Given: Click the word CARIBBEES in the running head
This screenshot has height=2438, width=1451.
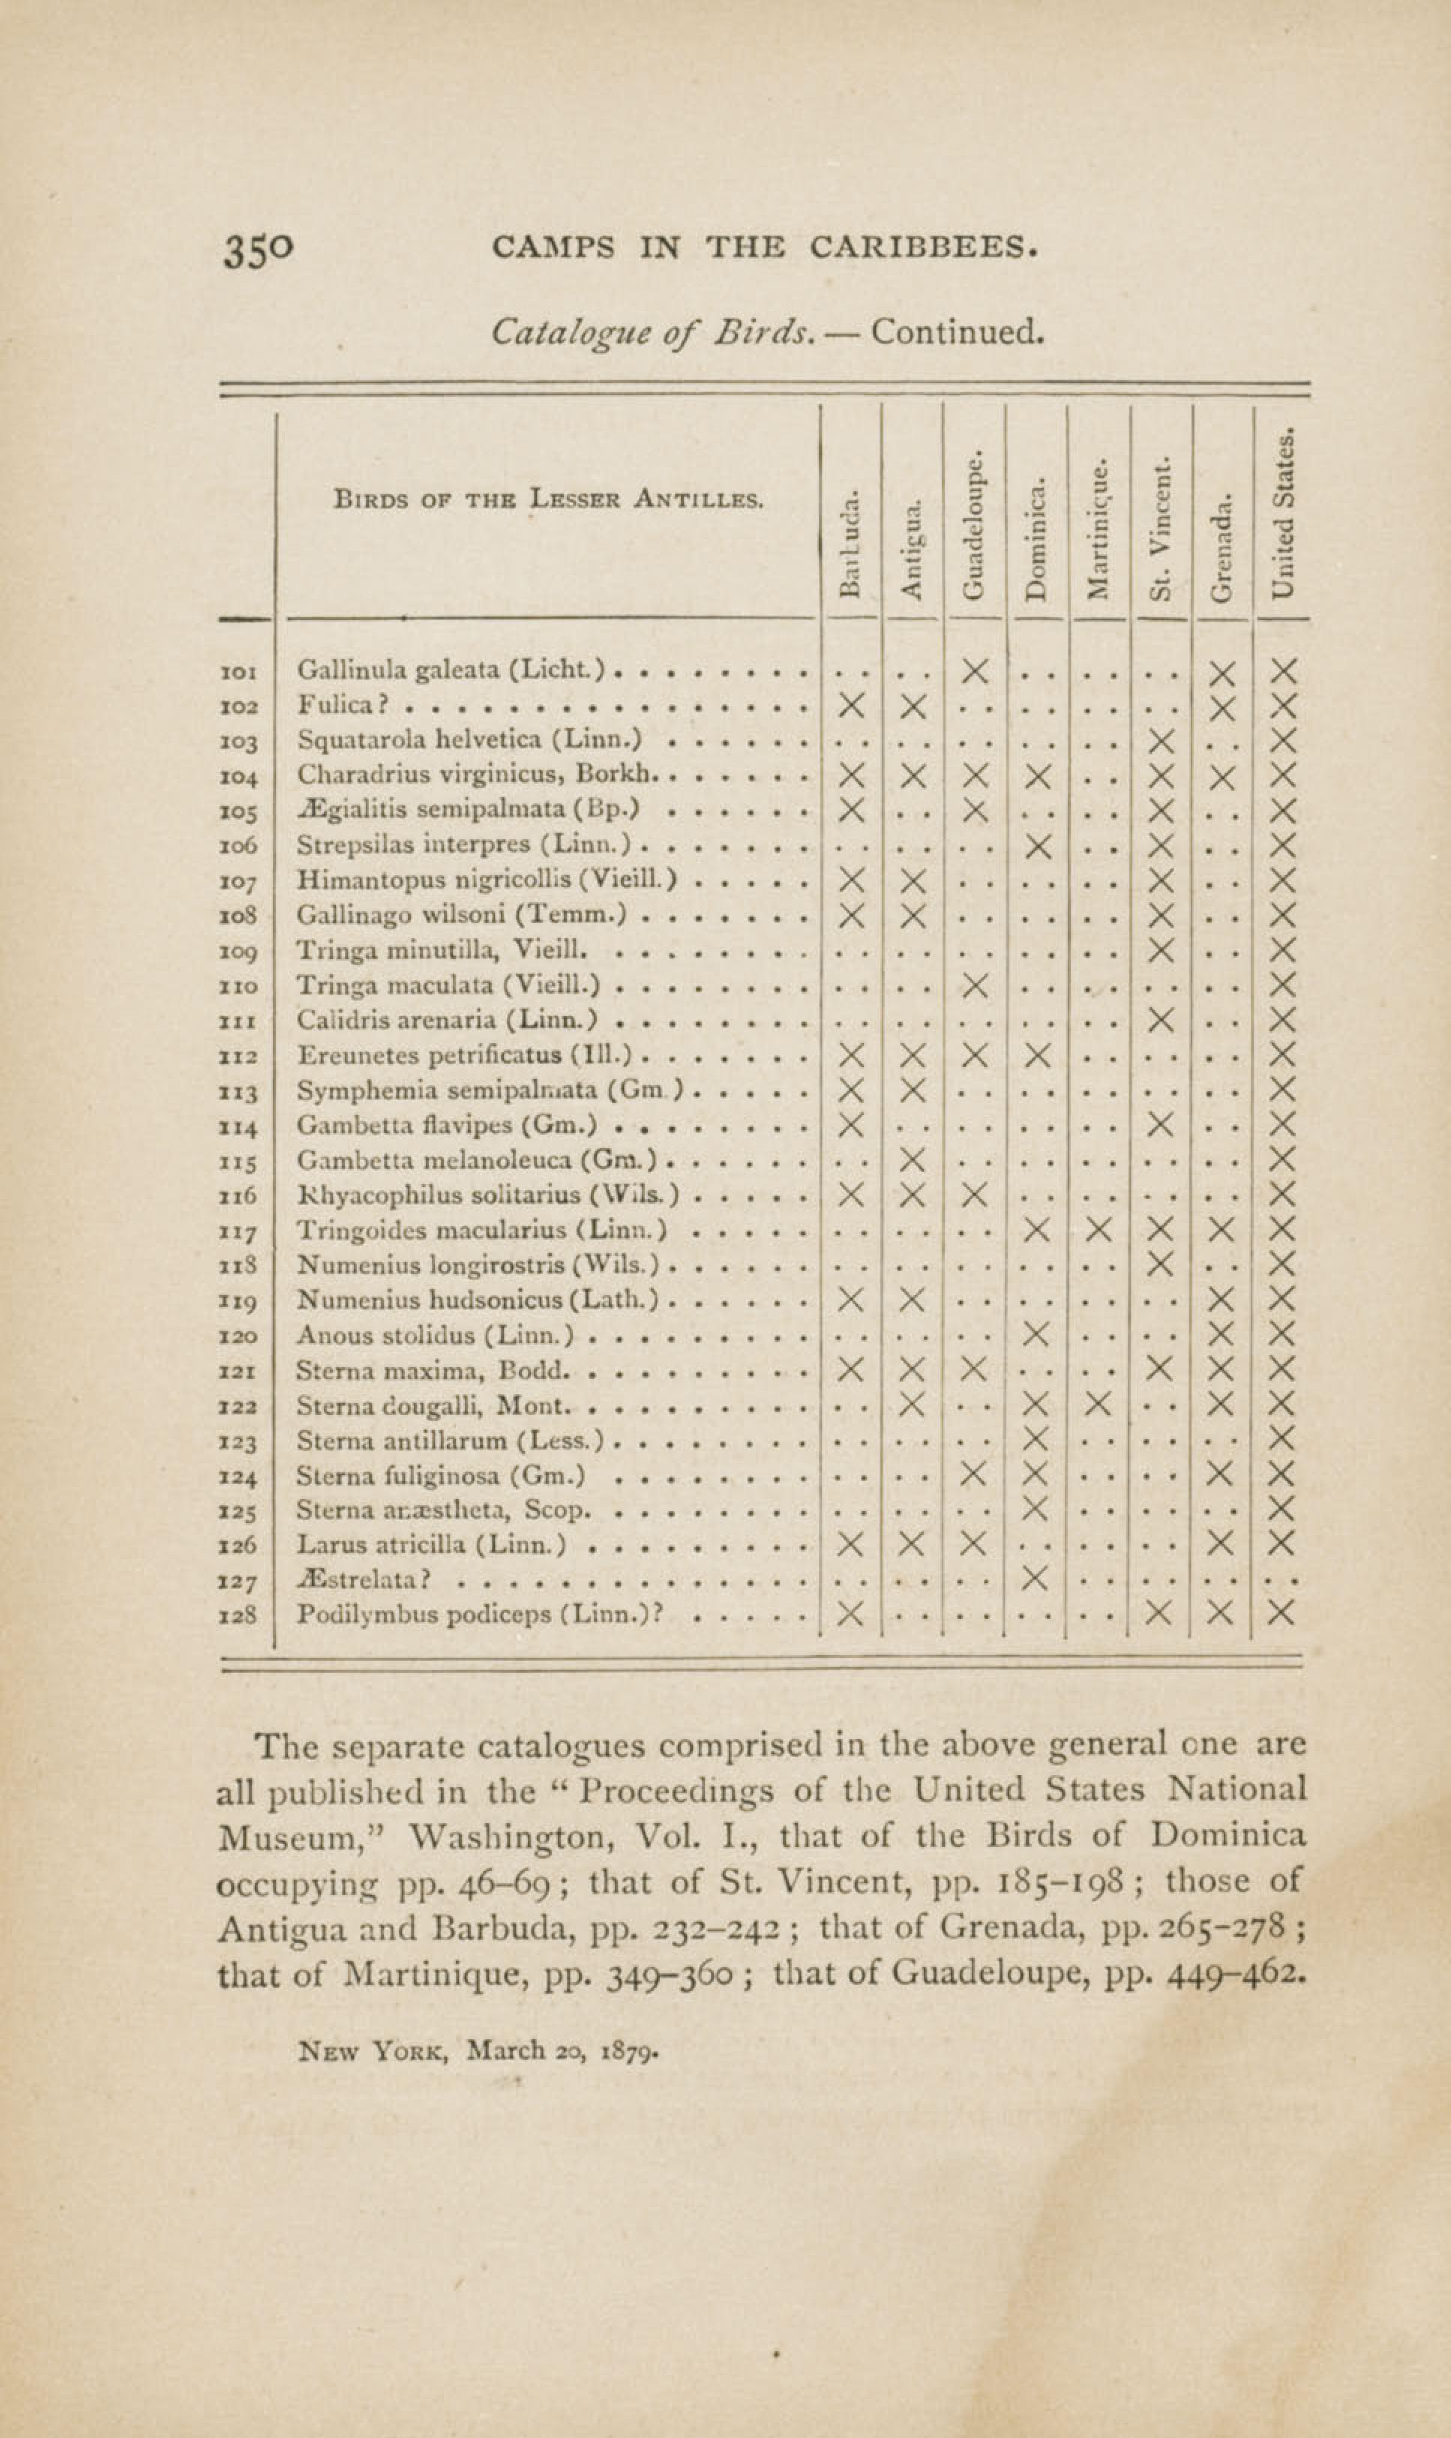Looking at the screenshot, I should pos(922,247).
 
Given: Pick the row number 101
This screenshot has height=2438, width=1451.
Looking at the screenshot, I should pos(239,672).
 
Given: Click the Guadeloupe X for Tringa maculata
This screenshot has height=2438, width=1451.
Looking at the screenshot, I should pos(975,985).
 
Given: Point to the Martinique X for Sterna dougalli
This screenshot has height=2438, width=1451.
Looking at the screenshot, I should pos(1099,1405).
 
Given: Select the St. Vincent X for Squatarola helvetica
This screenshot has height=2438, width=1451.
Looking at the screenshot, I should pos(1161,741).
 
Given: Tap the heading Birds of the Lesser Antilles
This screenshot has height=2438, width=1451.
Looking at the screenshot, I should pos(547,500).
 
